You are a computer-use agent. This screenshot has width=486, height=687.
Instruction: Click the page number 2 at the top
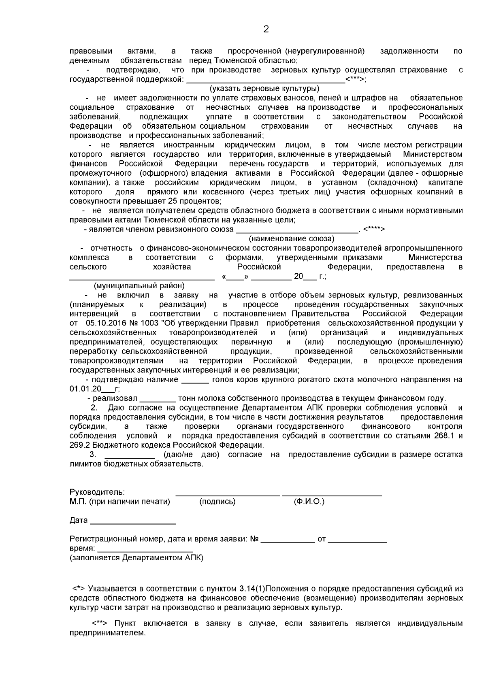click(x=266, y=29)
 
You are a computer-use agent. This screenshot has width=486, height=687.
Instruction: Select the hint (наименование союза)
click(x=291, y=239)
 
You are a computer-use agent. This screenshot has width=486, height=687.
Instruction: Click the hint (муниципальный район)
click(x=139, y=286)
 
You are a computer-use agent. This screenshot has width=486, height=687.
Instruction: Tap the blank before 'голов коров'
click(x=195, y=380)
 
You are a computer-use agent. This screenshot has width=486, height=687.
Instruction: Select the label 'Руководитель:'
click(x=97, y=493)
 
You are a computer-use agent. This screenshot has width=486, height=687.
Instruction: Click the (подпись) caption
click(x=217, y=502)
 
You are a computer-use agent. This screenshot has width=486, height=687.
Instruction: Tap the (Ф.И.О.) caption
click(x=309, y=502)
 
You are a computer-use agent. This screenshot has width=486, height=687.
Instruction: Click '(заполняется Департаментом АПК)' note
click(x=136, y=558)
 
